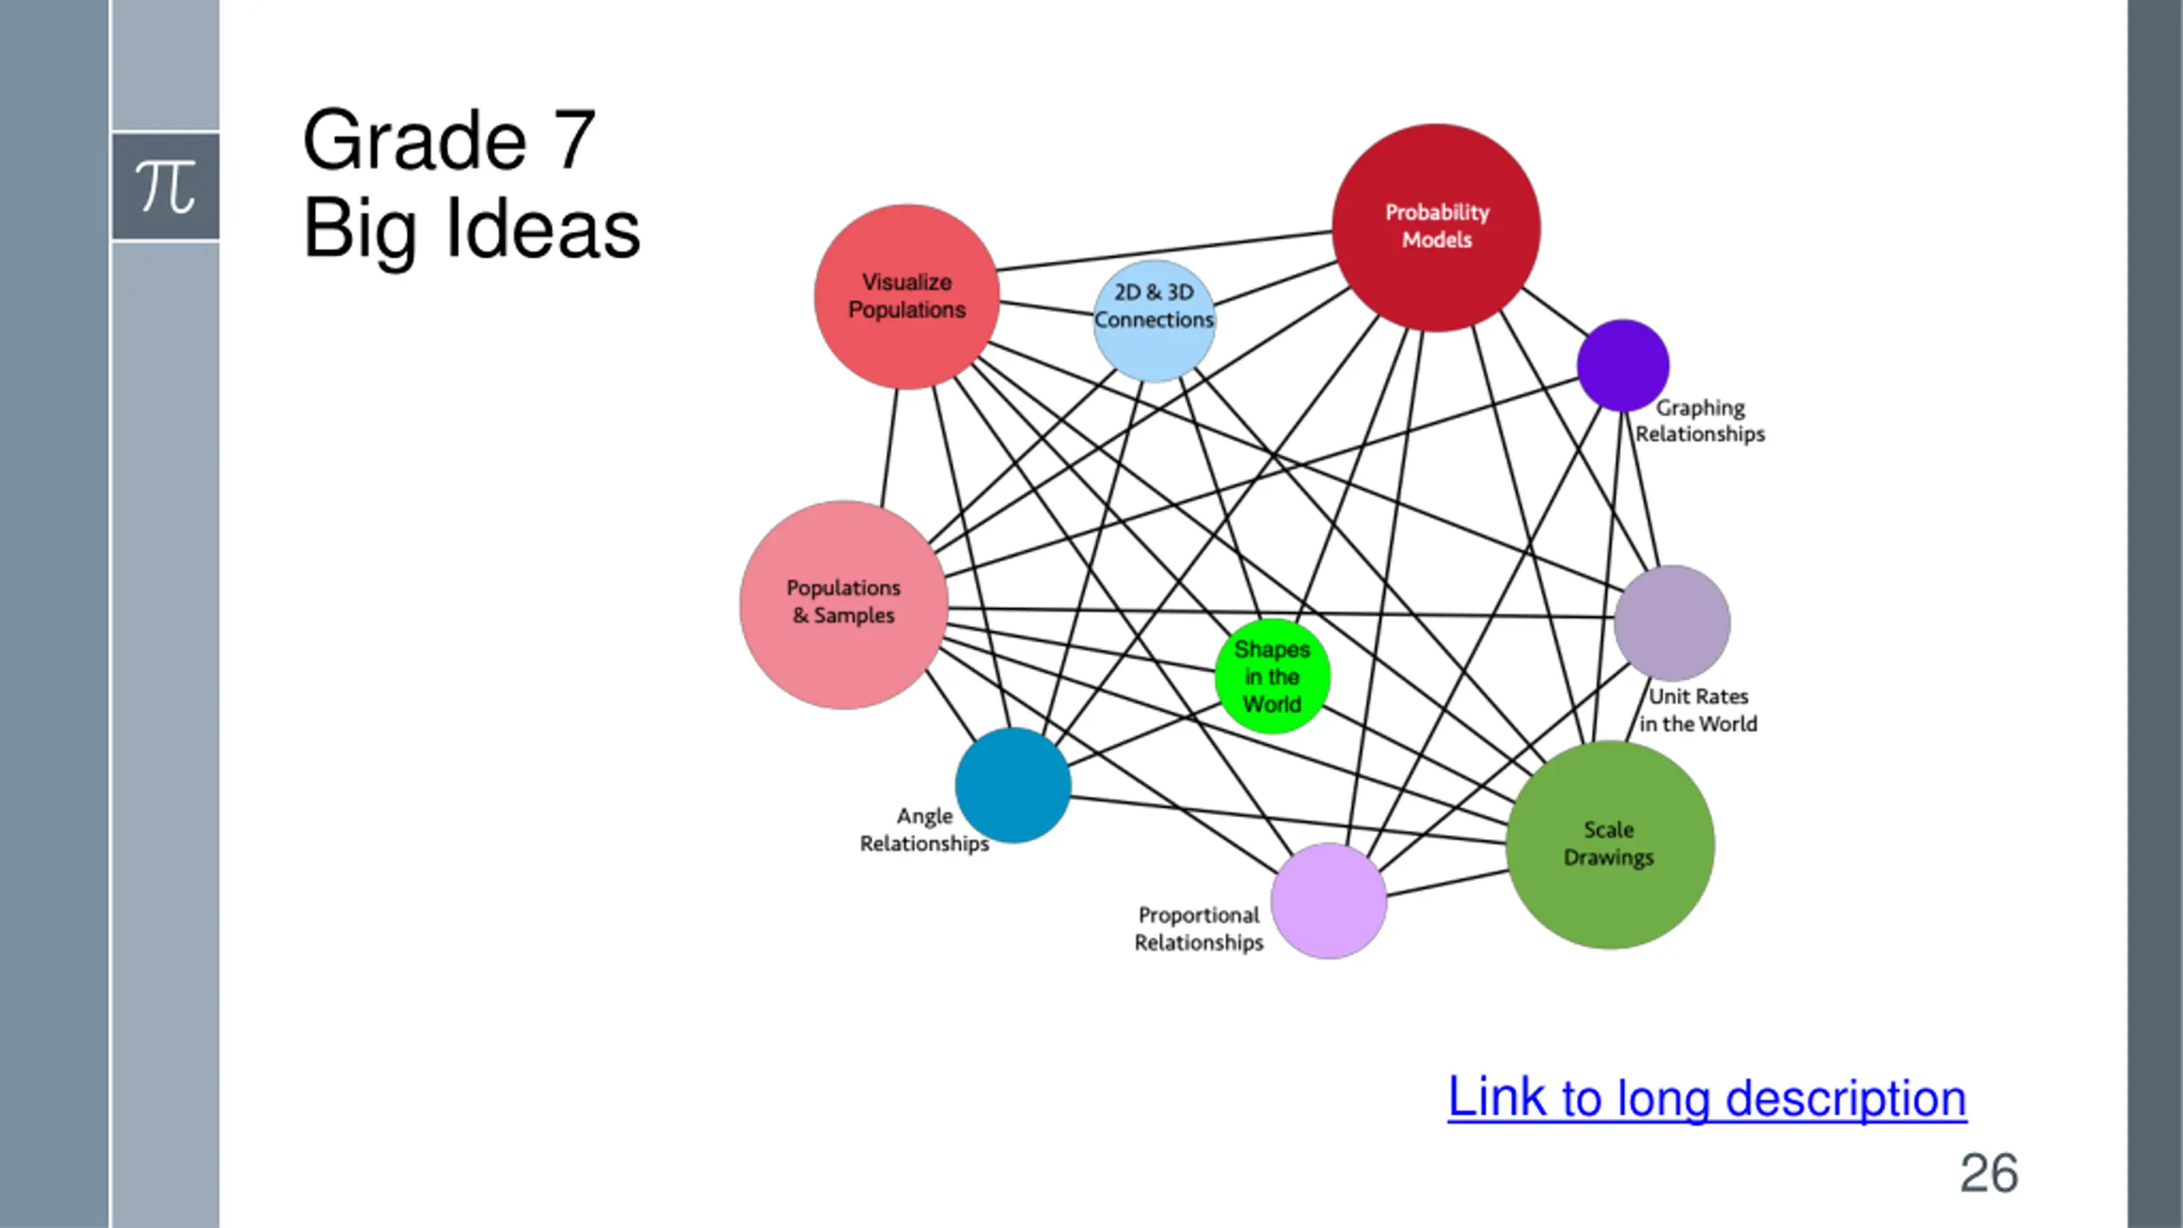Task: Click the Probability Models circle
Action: tap(1436, 227)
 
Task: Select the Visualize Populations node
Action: tap(906, 296)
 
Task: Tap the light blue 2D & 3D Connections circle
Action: tap(1154, 321)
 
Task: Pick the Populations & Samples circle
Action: tap(843, 604)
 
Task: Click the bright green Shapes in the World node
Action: tap(1271, 676)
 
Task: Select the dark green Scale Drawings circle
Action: tap(1609, 843)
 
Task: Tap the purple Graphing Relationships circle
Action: tap(1622, 365)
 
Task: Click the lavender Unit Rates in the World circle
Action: tap(1671, 623)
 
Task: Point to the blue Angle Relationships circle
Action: tap(1012, 785)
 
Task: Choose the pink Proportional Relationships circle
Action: tap(1328, 901)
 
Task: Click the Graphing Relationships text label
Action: tap(1699, 420)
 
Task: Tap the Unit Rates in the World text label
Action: tap(1698, 710)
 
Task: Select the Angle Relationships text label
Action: tap(924, 830)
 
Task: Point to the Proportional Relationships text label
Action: tap(1198, 929)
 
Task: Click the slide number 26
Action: tap(1988, 1173)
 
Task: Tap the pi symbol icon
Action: tap(165, 186)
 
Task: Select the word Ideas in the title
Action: tap(543, 229)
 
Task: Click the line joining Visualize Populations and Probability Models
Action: tap(1164, 251)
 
